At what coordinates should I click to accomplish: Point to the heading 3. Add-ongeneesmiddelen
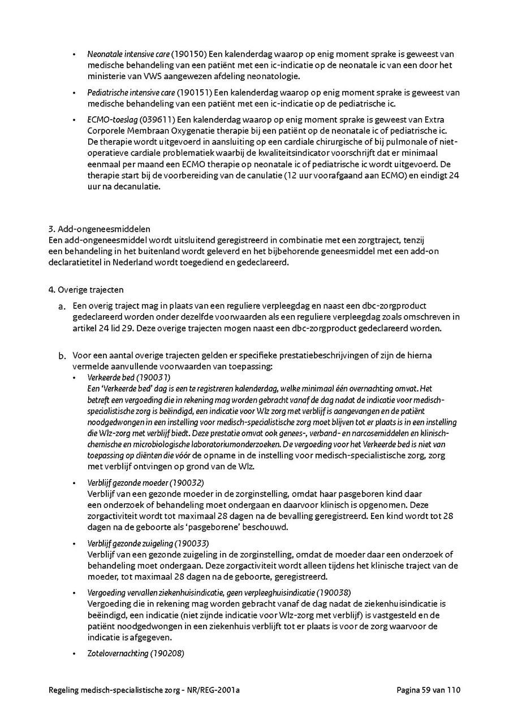pyautogui.click(x=100, y=229)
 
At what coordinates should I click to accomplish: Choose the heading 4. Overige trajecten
pyautogui.click(x=85, y=290)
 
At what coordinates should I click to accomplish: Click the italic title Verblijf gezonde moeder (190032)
pyautogui.click(x=145, y=483)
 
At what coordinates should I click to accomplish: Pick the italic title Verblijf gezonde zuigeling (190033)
pyautogui.click(x=149, y=543)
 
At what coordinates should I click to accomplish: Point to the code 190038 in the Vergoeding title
pyautogui.click(x=334, y=592)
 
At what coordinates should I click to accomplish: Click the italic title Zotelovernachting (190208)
pyautogui.click(x=136, y=653)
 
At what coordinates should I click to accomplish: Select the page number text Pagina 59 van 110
pyautogui.click(x=429, y=690)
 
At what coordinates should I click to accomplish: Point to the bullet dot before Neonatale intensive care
pyautogui.click(x=74, y=55)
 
